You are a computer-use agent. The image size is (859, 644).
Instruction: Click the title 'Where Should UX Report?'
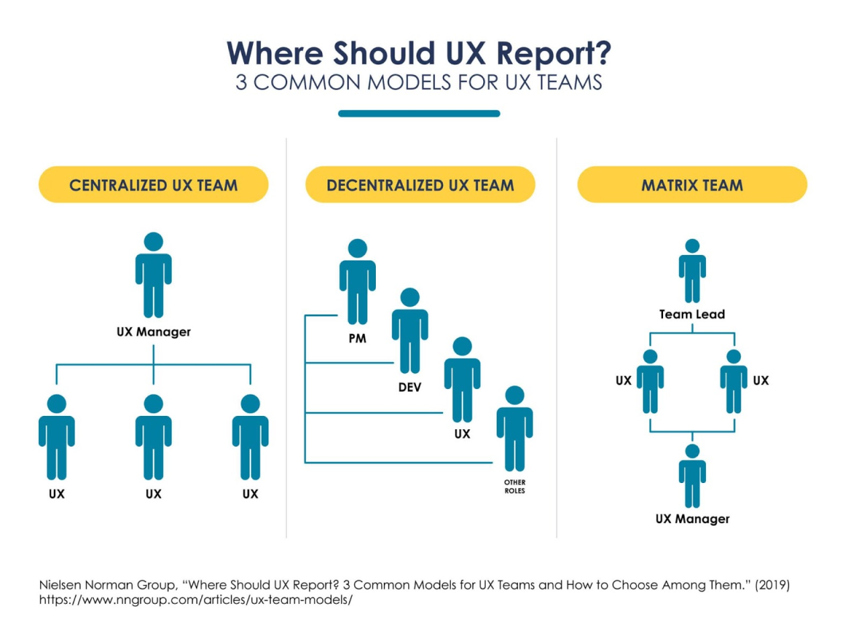point(419,54)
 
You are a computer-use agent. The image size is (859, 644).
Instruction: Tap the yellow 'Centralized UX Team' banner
point(153,185)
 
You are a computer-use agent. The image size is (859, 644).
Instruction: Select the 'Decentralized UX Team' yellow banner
point(420,185)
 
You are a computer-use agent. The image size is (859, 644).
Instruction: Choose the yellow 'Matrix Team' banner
point(692,185)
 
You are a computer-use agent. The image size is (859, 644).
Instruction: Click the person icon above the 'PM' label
point(357,282)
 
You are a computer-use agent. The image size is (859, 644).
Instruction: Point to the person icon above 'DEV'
point(409,331)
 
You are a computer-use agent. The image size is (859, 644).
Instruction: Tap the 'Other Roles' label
point(515,486)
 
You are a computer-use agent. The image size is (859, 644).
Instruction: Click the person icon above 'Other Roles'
point(515,429)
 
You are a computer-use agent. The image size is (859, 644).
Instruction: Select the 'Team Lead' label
point(692,314)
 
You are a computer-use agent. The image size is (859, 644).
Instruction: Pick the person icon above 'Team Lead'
point(692,272)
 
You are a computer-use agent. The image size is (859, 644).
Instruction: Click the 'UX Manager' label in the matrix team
point(692,519)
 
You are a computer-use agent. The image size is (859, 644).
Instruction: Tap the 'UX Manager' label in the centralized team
point(154,331)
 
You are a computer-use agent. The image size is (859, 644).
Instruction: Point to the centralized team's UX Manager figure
point(154,275)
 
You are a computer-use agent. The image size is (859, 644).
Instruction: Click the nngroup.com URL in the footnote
point(195,600)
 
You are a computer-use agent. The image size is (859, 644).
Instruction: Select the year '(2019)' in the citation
point(772,585)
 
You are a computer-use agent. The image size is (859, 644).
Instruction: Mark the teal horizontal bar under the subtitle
point(419,113)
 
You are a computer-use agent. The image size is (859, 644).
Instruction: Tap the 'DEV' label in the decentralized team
point(409,387)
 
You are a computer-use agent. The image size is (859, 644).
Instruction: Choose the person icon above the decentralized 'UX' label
point(462,380)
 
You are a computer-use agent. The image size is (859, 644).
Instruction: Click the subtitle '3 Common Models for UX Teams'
point(419,83)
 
